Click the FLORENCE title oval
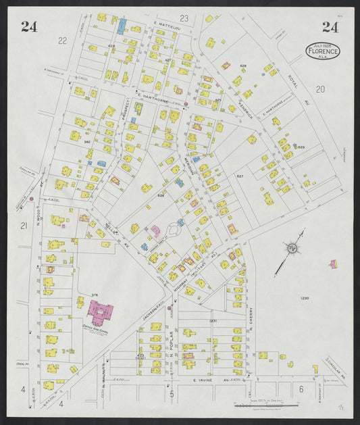coord(323,51)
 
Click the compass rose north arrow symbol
coord(293,249)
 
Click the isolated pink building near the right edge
coord(333,263)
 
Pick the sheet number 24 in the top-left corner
coord(28,27)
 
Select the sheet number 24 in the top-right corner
coord(330,27)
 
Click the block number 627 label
coord(240,176)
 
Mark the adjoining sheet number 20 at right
coord(319,89)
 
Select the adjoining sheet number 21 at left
coord(23,225)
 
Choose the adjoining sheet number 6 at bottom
coord(299,389)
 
